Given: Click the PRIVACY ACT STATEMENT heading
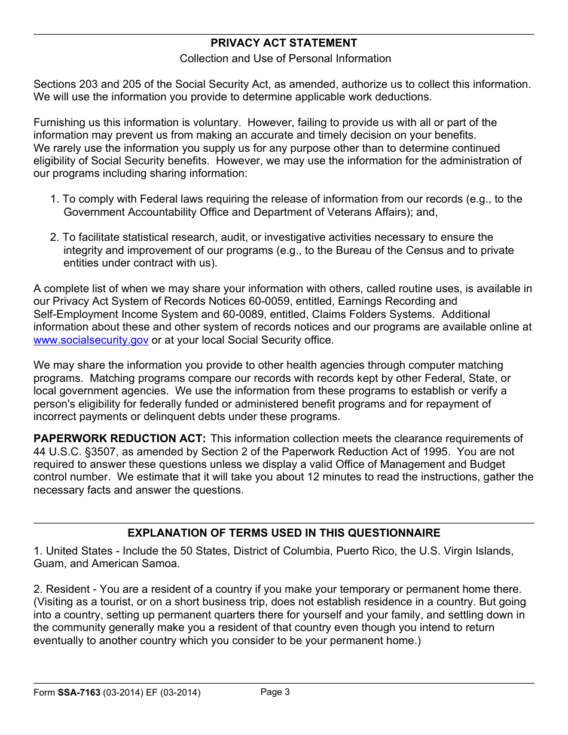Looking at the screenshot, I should (x=284, y=43).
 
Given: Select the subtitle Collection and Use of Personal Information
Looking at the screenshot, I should (x=285, y=59).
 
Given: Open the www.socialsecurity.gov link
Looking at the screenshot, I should (x=91, y=340).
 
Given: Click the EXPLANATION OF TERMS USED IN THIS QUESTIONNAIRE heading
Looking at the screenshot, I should (x=284, y=533).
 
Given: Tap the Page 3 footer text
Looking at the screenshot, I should (x=275, y=692).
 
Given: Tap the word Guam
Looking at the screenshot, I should (x=47, y=563).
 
